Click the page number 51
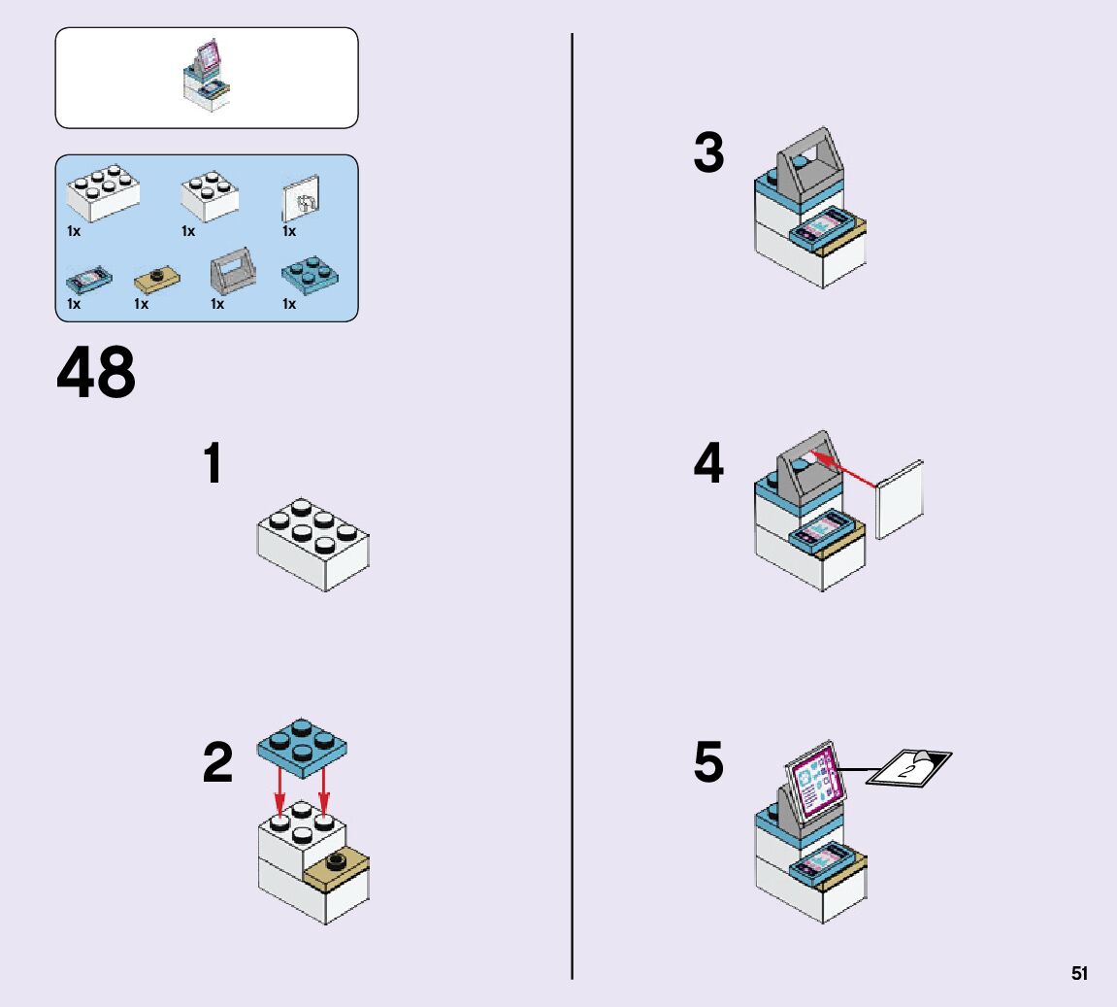[x=1079, y=974]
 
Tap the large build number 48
[x=96, y=374]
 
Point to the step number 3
[x=708, y=155]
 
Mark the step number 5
[x=708, y=763]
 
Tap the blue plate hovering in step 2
[x=302, y=745]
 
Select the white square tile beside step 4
[x=900, y=499]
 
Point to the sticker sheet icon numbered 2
[x=907, y=767]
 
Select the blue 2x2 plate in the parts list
[x=310, y=276]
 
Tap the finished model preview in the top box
[x=207, y=77]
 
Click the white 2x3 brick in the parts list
[x=102, y=194]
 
